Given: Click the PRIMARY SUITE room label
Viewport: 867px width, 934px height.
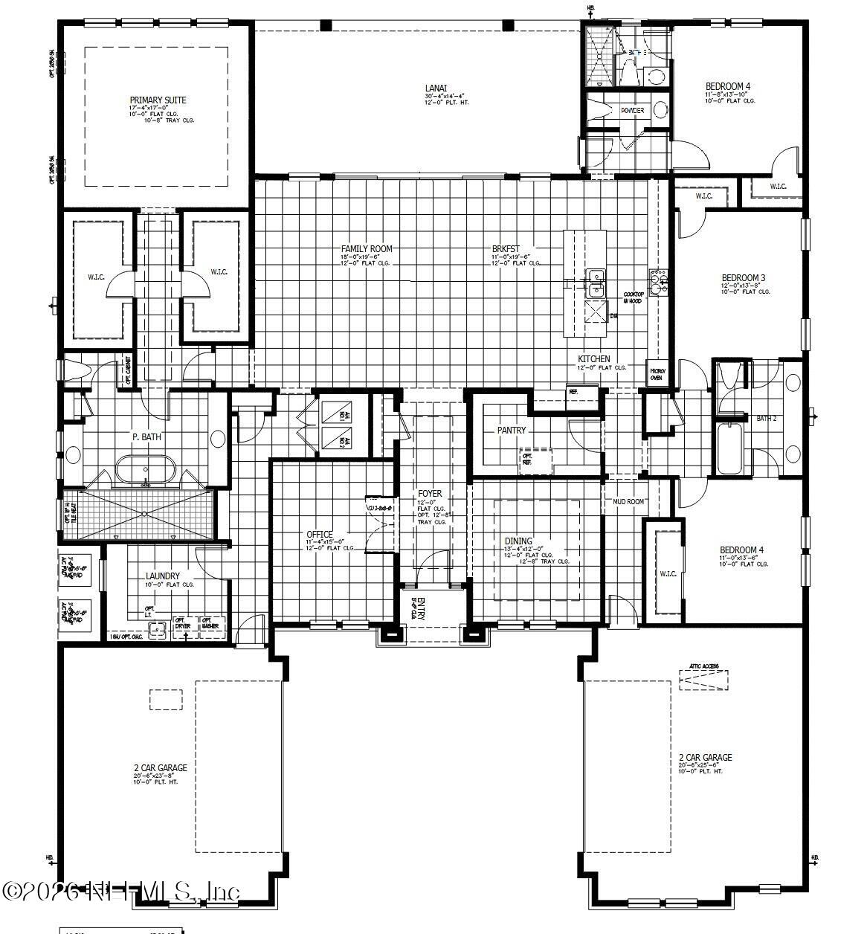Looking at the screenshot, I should point(158,100).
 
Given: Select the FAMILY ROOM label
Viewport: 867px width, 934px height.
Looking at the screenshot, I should point(367,249).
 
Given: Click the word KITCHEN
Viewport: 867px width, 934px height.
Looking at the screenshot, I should point(594,359).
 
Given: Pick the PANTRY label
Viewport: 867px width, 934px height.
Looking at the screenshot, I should point(511,431).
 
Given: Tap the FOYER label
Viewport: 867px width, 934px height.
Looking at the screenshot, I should point(430,494).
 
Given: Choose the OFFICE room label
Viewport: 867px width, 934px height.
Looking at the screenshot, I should point(320,535).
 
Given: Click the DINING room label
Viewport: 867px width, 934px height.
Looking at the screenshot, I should point(518,541).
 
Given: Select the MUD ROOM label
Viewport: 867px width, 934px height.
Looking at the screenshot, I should point(628,502).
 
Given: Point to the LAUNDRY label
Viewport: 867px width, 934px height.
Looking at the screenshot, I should point(163,576).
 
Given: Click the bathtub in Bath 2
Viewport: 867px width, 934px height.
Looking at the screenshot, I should point(729,449).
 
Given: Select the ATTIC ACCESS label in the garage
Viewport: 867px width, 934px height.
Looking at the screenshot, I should point(703,667).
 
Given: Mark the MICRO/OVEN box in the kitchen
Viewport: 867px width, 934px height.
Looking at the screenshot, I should point(657,374).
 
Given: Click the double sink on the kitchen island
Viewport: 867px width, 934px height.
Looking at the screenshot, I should point(595,278).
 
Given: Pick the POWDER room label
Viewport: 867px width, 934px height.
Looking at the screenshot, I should point(632,111).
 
